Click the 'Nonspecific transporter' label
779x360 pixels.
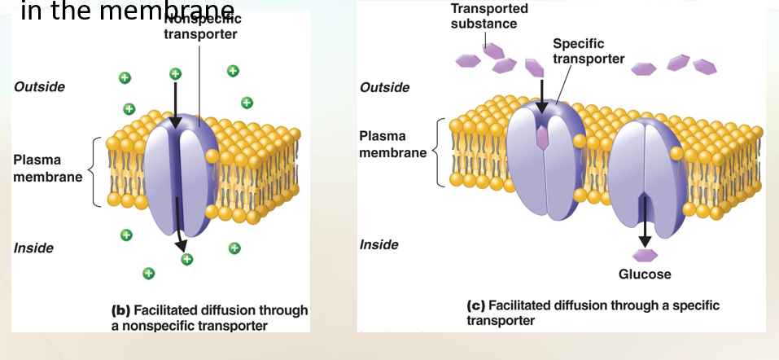click(200, 27)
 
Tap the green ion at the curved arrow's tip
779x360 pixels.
click(187, 259)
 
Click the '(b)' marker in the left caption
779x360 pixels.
click(120, 310)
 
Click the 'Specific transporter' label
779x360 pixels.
click(588, 50)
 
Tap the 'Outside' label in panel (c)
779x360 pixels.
click(385, 87)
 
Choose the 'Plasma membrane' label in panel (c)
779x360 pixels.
click(394, 144)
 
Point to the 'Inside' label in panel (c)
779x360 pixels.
click(379, 244)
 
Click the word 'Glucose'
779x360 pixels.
click(645, 274)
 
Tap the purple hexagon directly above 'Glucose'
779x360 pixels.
click(645, 254)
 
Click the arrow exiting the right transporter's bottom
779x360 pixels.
click(645, 224)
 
